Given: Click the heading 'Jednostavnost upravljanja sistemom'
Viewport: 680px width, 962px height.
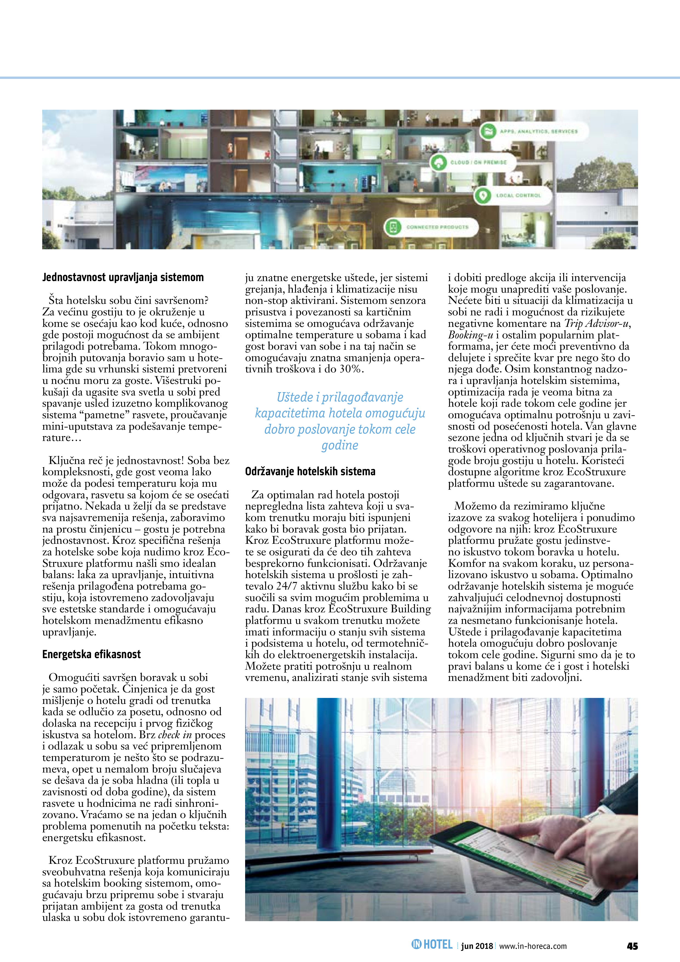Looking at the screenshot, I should [123, 277].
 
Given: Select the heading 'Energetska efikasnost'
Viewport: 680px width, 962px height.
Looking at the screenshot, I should [91, 655].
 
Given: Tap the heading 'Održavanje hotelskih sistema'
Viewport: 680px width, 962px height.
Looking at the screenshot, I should [310, 471].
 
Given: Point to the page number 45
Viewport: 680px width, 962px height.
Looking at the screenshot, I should [632, 946].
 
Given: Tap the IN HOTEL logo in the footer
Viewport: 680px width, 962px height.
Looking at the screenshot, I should [432, 945].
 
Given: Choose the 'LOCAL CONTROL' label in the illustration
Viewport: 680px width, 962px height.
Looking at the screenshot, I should [518, 195].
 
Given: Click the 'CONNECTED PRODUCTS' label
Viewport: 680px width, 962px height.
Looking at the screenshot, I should [437, 227].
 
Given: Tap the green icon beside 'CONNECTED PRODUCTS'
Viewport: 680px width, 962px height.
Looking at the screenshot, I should [393, 227].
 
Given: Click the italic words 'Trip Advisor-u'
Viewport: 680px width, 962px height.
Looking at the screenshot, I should [597, 324].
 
